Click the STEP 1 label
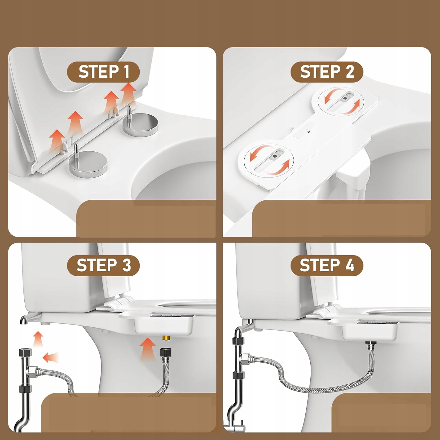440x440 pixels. click(104, 72)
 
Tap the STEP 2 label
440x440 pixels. click(327, 72)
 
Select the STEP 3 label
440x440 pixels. click(104, 265)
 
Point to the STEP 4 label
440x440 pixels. click(327, 265)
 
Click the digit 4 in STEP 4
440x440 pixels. click(350, 265)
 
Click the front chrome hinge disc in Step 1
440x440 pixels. click(88, 164)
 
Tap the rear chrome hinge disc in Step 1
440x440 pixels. click(141, 125)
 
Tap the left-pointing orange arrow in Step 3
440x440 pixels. click(51, 358)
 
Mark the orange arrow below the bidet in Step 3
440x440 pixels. click(148, 349)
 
